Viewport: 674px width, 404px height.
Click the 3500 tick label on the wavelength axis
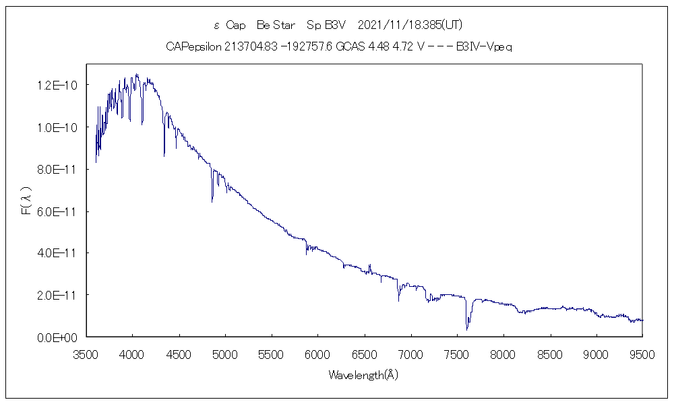click(86, 353)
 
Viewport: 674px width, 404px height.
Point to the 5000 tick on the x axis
click(225, 353)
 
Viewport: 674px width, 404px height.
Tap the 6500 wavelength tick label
click(364, 353)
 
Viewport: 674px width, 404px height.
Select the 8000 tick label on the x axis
click(503, 353)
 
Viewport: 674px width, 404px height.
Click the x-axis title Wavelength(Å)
click(363, 375)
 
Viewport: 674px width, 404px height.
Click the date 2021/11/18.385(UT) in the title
click(410, 25)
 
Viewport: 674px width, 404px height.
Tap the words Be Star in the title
click(276, 25)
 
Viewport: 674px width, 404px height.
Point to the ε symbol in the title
click(216, 26)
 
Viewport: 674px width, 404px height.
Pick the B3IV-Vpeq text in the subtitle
click(485, 46)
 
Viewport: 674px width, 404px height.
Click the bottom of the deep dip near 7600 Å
click(466, 329)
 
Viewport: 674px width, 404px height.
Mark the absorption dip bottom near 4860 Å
click(212, 201)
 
